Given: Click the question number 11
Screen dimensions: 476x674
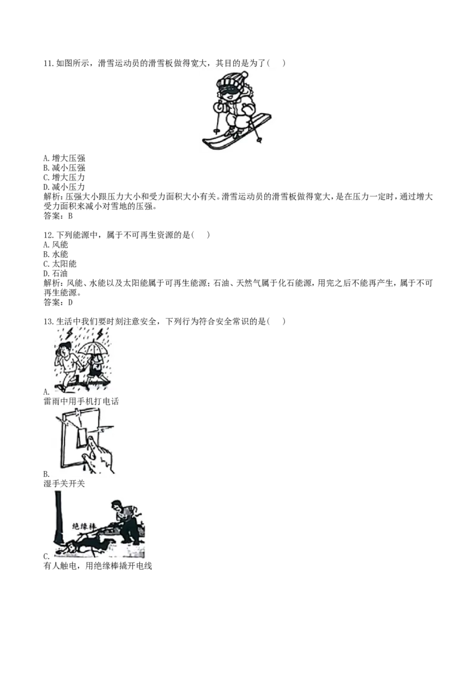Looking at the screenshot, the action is click(49, 63).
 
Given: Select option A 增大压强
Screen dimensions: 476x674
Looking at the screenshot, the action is click(64, 158).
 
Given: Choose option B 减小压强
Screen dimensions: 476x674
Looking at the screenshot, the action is click(64, 168).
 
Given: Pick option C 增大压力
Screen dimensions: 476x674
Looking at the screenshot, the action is click(64, 177).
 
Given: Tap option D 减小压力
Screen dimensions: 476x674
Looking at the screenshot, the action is click(64, 187).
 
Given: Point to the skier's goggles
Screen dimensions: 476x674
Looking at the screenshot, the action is click(228, 92).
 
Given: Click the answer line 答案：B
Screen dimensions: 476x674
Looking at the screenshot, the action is click(58, 216).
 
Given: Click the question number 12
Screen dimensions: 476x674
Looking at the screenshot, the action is click(49, 235).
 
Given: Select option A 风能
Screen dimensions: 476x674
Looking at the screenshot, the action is click(56, 245).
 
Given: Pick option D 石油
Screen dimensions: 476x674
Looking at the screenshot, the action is click(56, 273).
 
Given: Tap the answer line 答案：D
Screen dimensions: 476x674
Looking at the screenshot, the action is click(58, 302).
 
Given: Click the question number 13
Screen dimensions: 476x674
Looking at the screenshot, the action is click(49, 322).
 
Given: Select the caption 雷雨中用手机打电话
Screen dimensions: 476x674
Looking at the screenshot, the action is click(81, 401).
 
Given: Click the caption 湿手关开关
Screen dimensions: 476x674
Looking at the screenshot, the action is click(64, 483).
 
